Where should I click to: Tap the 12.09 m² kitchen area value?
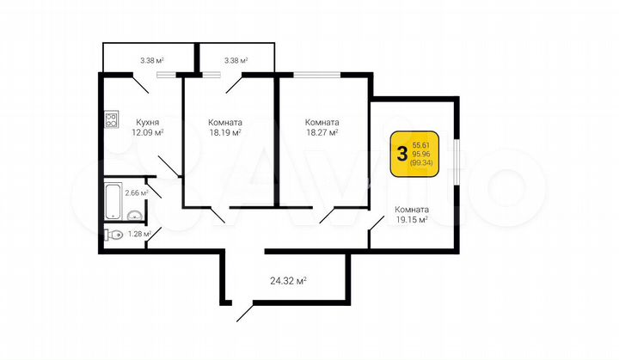(x=147, y=133)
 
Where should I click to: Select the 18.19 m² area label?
(x=224, y=133)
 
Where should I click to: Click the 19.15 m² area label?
(x=412, y=221)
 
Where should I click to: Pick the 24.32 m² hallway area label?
(x=289, y=280)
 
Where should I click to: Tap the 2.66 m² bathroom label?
(x=136, y=193)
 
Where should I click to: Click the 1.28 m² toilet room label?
(x=138, y=234)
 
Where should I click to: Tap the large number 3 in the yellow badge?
(x=401, y=155)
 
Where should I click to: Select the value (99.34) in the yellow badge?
(x=421, y=163)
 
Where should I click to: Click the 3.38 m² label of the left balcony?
(x=152, y=61)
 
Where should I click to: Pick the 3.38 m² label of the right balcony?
(x=236, y=61)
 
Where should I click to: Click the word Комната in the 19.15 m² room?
(x=412, y=210)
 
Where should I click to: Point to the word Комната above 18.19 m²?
(x=224, y=122)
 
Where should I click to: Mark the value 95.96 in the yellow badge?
(x=421, y=155)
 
